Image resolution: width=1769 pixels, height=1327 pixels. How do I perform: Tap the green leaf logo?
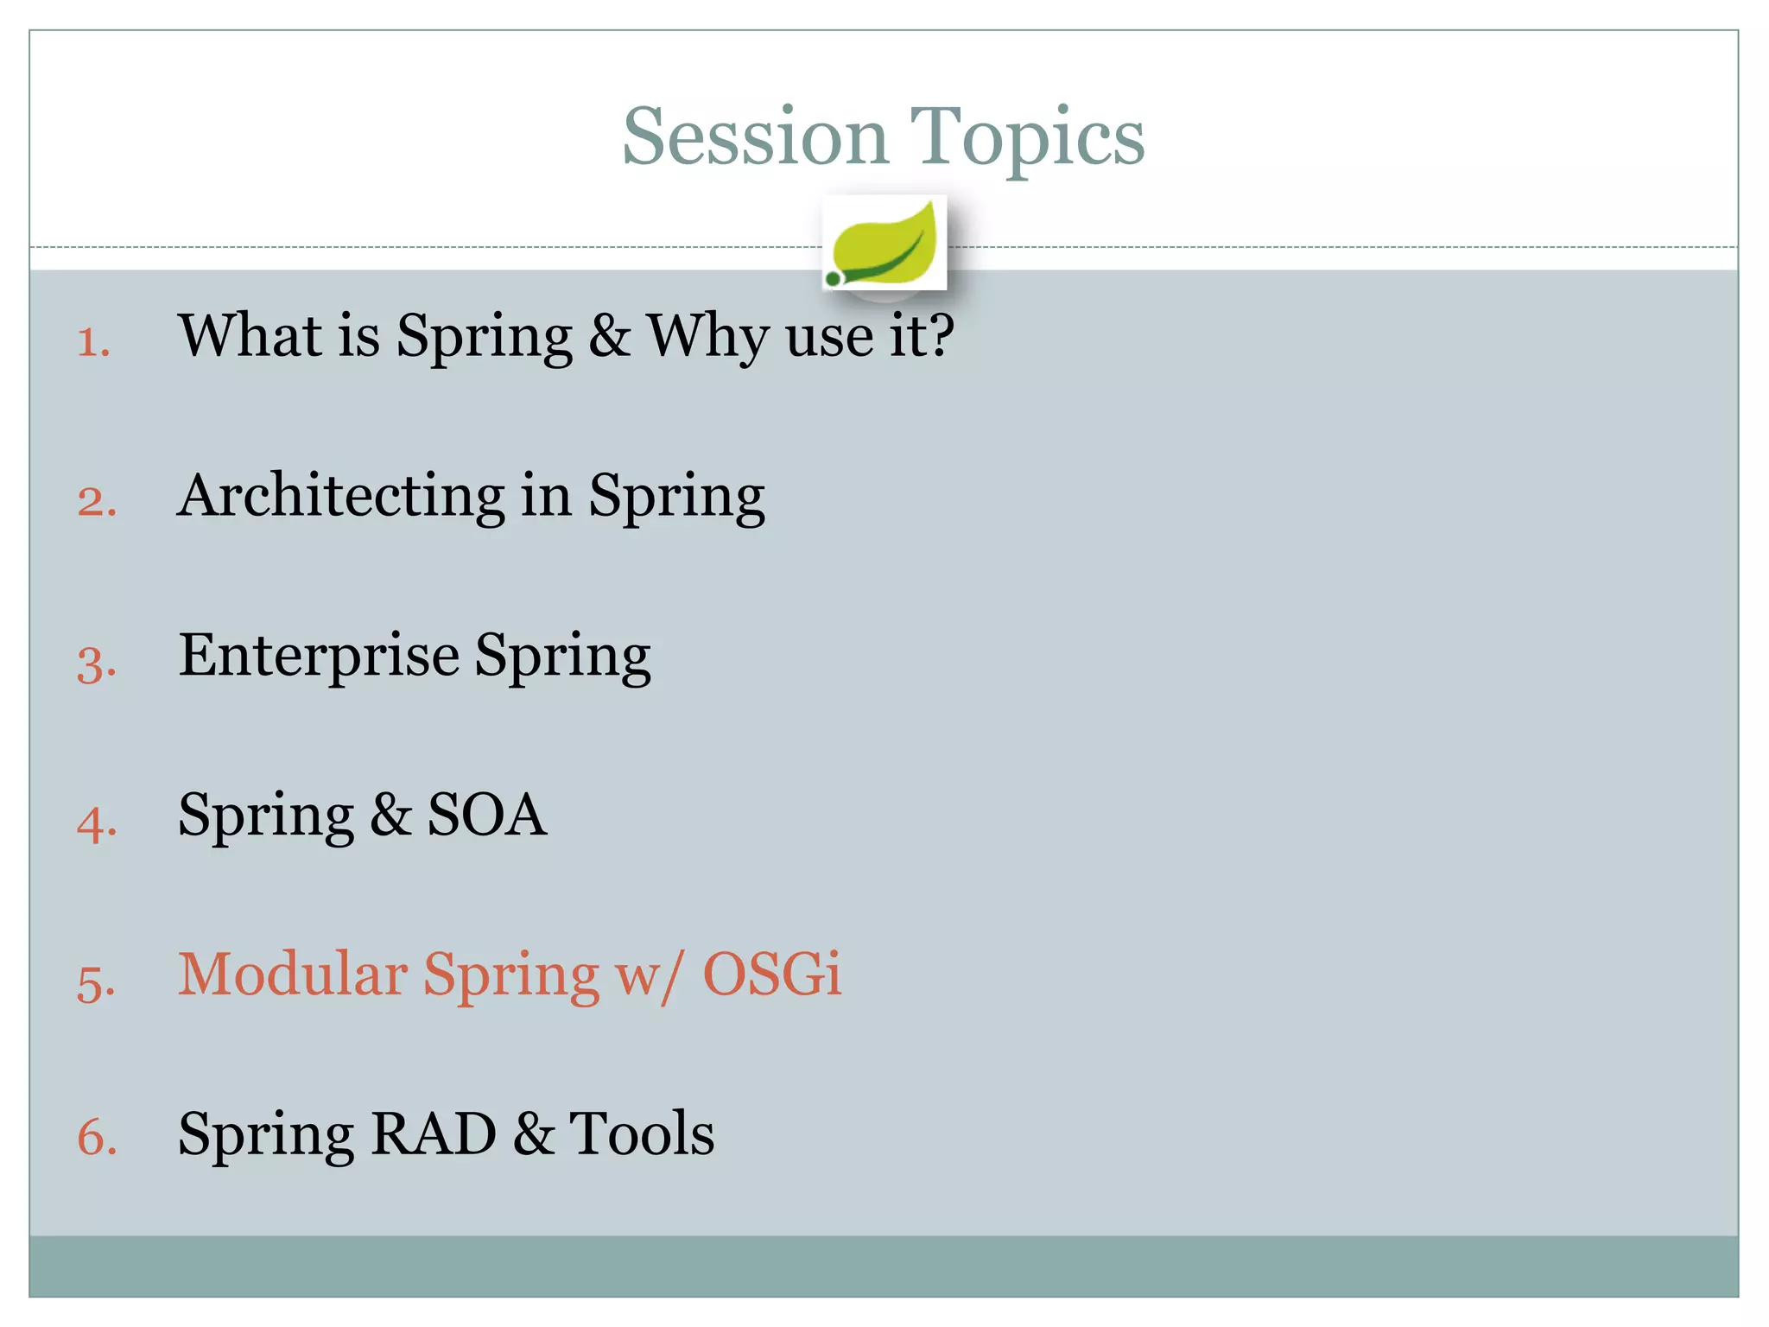884,244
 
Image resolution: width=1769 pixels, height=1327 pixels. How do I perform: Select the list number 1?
92,342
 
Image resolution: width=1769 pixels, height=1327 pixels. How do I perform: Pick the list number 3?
96,664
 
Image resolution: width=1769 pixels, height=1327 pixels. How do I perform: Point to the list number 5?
95,983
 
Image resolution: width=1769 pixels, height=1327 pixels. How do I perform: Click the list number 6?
96,1136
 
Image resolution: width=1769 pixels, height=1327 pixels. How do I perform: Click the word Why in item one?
707,337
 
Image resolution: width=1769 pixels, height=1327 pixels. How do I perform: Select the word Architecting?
340,496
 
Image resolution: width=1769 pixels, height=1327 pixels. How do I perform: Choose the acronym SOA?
487,815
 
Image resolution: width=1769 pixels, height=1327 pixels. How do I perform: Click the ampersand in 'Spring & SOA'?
390,816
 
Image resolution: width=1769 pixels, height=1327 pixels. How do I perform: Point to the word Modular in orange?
292,975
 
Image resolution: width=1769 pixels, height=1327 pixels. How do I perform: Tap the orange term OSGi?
771,975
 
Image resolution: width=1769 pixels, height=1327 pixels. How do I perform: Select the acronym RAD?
433,1133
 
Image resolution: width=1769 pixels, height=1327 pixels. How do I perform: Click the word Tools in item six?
641,1133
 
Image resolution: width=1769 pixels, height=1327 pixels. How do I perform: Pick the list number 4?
96,823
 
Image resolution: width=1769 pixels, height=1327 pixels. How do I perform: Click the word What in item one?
250,335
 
